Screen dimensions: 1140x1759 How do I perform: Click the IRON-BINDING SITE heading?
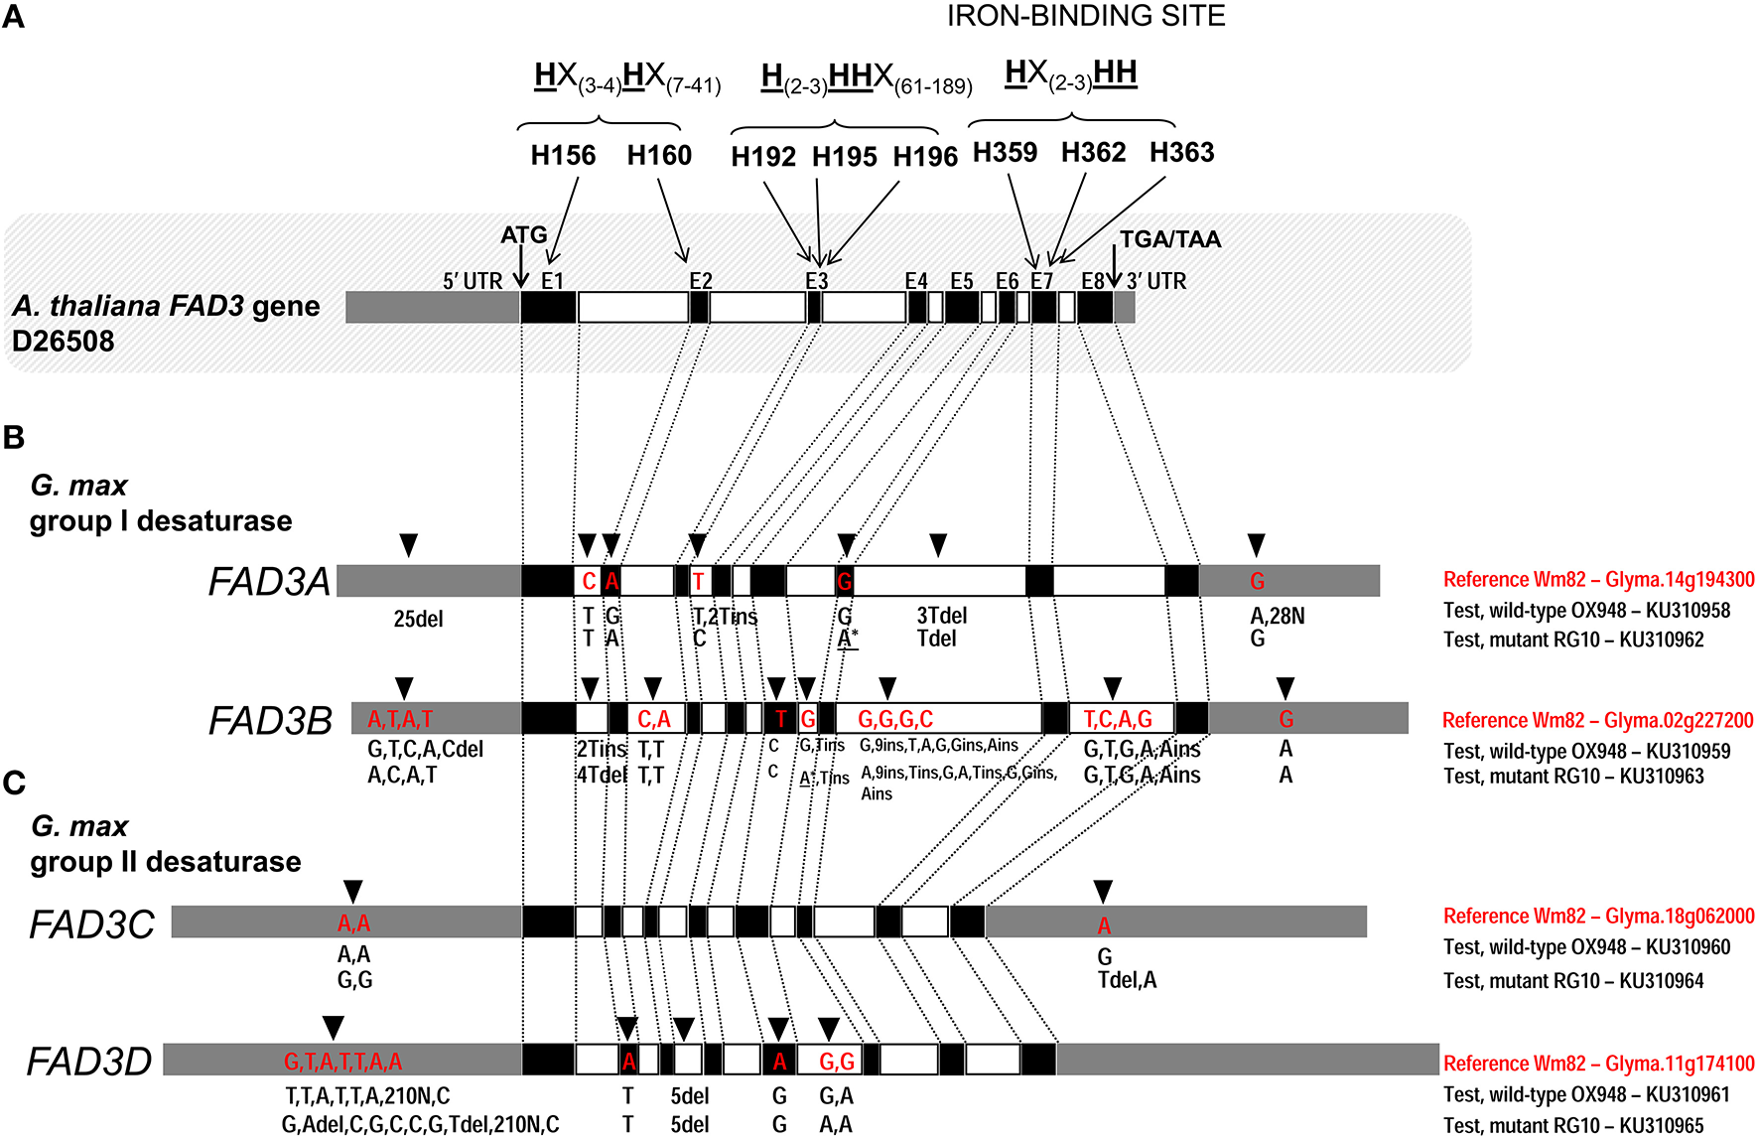pyautogui.click(x=1085, y=17)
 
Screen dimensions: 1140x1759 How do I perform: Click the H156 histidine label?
pyautogui.click(x=563, y=156)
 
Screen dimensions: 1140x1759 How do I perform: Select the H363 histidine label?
pyautogui.click(x=1181, y=153)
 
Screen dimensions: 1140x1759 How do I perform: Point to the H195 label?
pyautogui.click(x=844, y=157)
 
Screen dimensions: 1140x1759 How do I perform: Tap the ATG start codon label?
pyautogui.click(x=523, y=235)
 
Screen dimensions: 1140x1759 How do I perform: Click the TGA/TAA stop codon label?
pyautogui.click(x=1169, y=239)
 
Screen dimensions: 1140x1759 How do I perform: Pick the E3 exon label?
pyautogui.click(x=816, y=282)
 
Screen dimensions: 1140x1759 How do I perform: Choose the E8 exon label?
pyautogui.click(x=1092, y=282)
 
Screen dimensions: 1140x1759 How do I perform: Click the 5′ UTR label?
pyautogui.click(x=473, y=282)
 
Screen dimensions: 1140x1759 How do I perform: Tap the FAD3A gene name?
pyautogui.click(x=268, y=582)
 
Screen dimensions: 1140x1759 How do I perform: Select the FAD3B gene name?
pyautogui.click(x=269, y=721)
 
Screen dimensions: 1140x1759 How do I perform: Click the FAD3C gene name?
pyautogui.click(x=91, y=925)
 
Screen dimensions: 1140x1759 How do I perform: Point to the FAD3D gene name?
pyautogui.click(x=88, y=1062)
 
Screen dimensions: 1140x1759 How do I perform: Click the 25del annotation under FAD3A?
pyautogui.click(x=418, y=620)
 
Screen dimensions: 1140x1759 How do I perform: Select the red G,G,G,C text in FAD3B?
pyautogui.click(x=894, y=719)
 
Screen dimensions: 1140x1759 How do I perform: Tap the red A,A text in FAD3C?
pyautogui.click(x=353, y=924)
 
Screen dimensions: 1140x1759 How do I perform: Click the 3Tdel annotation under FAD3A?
pyautogui.click(x=941, y=617)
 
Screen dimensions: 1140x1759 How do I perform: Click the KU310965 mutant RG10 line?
pyautogui.click(x=1573, y=1125)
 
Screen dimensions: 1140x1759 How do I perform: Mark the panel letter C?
pyautogui.click(x=14, y=783)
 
